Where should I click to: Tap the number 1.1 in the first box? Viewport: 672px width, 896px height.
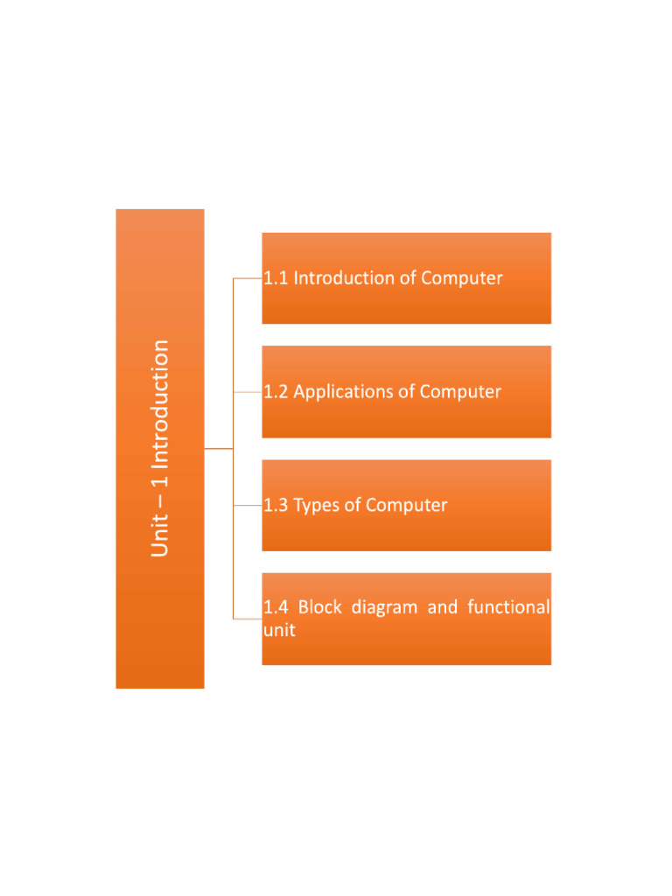coord(276,278)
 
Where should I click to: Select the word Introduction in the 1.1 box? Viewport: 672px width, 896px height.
coord(343,278)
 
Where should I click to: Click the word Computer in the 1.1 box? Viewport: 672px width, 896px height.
coord(462,278)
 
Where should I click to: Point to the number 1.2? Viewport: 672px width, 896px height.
coord(276,391)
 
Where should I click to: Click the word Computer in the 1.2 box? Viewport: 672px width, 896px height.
coord(460,391)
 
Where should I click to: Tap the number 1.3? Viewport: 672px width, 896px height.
coord(276,505)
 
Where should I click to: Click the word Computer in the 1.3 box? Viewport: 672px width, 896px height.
coord(406,505)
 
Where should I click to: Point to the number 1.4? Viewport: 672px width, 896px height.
coord(276,607)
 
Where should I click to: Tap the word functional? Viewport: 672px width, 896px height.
coord(508,607)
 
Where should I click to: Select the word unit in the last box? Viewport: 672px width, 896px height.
coord(278,630)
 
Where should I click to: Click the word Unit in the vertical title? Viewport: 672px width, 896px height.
coord(159,536)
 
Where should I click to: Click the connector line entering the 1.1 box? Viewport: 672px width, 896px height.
coord(248,278)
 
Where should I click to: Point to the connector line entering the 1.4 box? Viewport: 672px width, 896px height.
coord(248,619)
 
